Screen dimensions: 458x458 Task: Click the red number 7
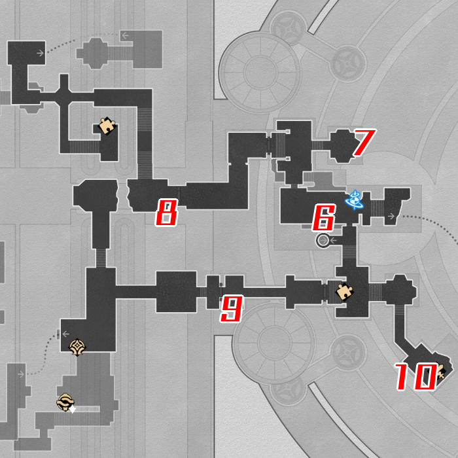(363, 143)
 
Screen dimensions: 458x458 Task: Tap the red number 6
(324, 218)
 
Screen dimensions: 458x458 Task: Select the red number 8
(167, 213)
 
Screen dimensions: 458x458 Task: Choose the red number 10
(415, 377)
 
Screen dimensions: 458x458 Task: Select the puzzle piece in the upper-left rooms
(107, 124)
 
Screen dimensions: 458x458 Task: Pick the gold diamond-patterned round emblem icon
(77, 347)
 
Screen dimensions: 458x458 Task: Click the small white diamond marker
(73, 410)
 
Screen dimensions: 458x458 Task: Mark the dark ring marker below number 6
(323, 241)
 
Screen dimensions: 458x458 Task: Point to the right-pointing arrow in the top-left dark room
(41, 53)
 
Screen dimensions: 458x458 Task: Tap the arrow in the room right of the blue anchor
(391, 216)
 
